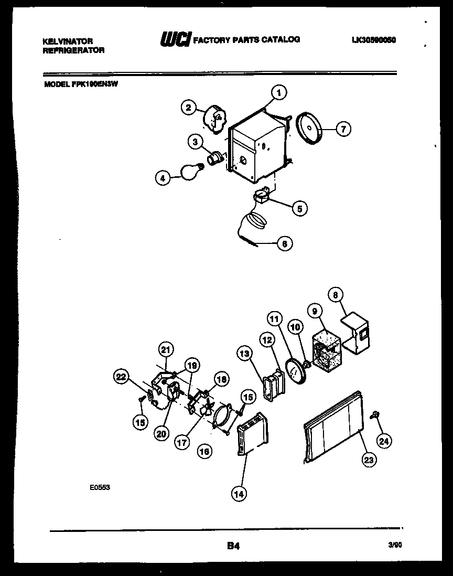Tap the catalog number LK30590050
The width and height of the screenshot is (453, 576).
(x=373, y=40)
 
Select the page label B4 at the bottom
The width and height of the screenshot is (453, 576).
(x=233, y=546)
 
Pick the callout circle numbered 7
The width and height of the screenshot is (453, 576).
(x=343, y=128)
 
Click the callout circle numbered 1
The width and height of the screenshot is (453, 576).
(x=279, y=93)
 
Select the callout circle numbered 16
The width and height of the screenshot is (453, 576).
(x=204, y=450)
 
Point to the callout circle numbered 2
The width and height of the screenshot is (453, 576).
(x=189, y=108)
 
